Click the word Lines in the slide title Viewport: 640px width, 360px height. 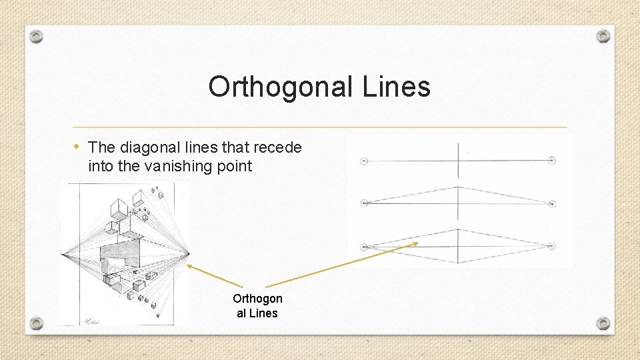[x=397, y=87]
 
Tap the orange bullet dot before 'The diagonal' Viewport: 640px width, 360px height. [x=78, y=147]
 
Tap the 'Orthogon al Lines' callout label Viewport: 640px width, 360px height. [x=257, y=306]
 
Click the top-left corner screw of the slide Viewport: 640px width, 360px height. [x=37, y=36]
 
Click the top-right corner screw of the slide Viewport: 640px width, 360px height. [x=603, y=36]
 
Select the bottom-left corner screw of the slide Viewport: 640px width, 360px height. [x=37, y=323]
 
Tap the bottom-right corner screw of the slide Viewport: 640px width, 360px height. [x=603, y=323]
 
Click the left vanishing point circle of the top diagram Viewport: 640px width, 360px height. [x=364, y=161]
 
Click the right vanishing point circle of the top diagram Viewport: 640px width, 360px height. [x=552, y=160]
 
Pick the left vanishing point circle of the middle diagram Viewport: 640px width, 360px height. [x=364, y=203]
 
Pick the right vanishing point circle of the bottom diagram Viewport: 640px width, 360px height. [x=551, y=246]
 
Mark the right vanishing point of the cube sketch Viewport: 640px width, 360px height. [x=189, y=254]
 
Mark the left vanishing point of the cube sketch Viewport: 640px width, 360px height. [x=62, y=254]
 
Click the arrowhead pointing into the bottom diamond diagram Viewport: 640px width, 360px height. [x=416, y=244]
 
